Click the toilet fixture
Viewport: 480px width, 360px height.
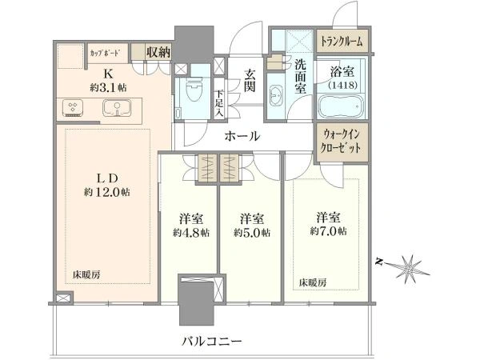[194, 90]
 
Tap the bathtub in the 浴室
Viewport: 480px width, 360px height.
[341, 106]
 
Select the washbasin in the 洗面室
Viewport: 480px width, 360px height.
[277, 95]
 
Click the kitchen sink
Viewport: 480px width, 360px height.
[117, 108]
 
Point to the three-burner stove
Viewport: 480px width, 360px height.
[73, 108]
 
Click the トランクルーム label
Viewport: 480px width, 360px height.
[342, 41]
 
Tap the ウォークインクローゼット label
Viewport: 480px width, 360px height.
[340, 142]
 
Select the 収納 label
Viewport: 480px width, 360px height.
[158, 52]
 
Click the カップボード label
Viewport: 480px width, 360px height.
[104, 53]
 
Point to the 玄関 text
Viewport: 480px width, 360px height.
[250, 81]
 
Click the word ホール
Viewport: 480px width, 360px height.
[242, 136]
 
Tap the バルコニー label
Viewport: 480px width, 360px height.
[212, 341]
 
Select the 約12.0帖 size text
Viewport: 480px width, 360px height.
[107, 192]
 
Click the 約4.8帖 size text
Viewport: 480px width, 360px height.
[191, 233]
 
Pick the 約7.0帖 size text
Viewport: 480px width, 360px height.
[329, 231]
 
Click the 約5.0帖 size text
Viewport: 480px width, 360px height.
[252, 233]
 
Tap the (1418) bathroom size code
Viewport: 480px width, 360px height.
[342, 85]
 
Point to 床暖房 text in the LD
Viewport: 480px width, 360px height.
[86, 274]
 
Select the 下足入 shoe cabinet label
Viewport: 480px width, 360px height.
[219, 103]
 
